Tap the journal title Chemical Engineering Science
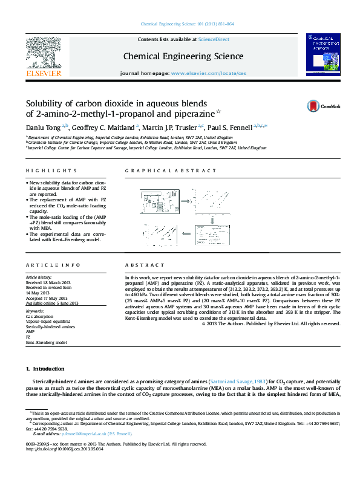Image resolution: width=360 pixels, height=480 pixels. click(x=183, y=57)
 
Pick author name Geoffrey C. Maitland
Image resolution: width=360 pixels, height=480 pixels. click(x=105, y=127)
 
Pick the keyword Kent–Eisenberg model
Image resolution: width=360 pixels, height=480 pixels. click(x=47, y=342)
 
